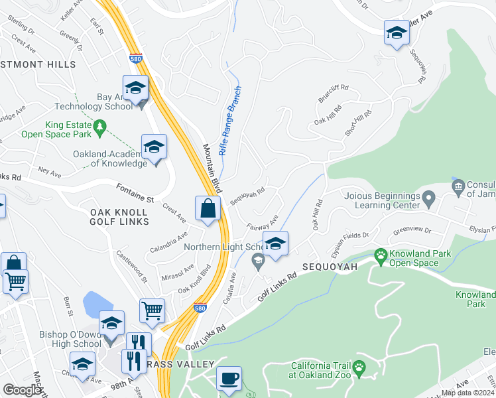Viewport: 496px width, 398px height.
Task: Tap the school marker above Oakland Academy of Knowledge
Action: (154, 147)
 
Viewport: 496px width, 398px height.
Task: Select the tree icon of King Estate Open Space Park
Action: (99, 126)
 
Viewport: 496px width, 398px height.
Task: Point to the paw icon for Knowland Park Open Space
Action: (381, 255)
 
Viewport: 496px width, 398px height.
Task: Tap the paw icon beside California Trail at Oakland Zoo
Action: (359, 367)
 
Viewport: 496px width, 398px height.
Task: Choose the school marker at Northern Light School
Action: (275, 244)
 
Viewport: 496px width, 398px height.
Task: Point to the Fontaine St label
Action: (135, 194)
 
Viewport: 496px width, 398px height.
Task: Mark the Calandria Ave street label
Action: (168, 239)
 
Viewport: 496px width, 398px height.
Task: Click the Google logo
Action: (22, 390)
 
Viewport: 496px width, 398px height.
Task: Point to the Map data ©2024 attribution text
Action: (467, 393)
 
